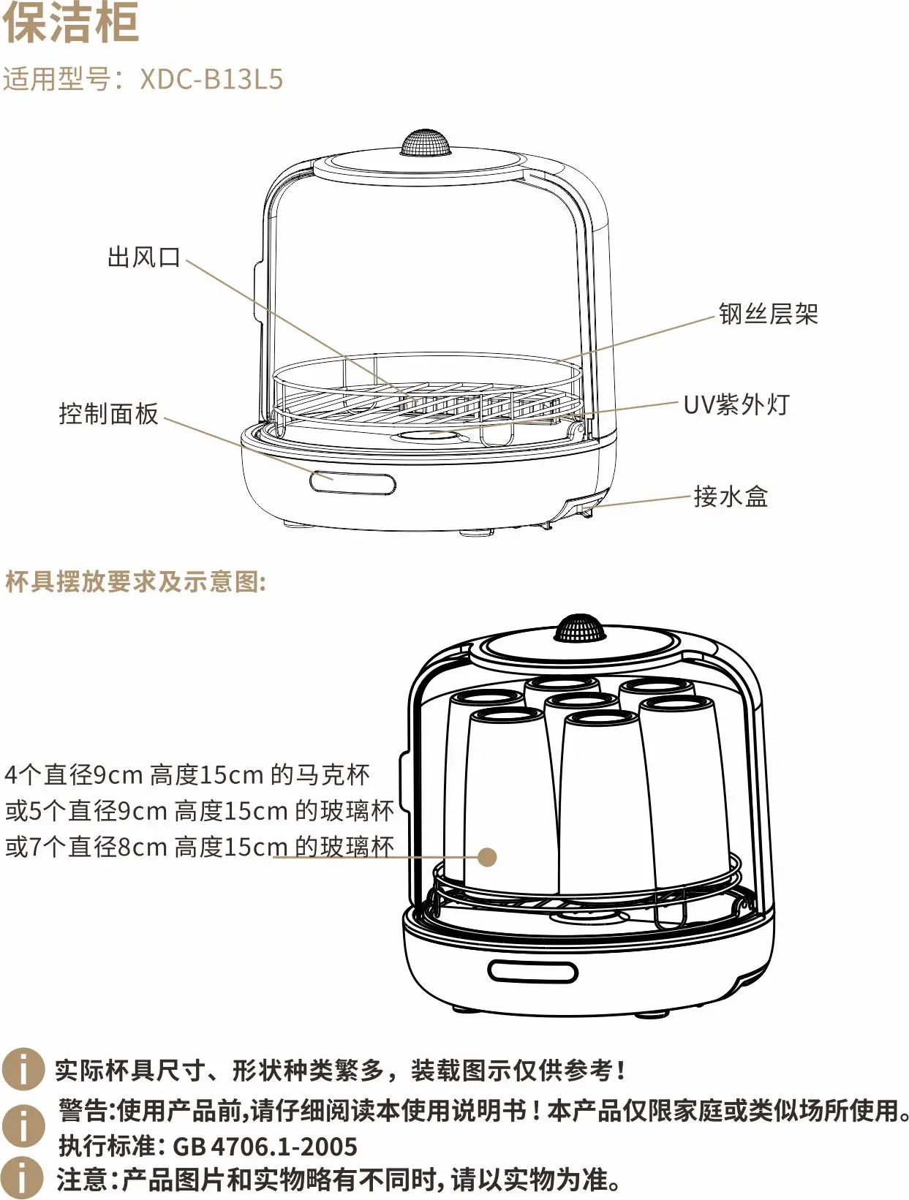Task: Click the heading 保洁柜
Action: click(71, 23)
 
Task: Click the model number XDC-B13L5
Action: click(211, 79)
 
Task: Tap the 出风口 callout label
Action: click(143, 257)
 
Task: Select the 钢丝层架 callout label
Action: click(768, 314)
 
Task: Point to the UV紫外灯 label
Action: click(736, 404)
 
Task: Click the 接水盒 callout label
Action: click(731, 497)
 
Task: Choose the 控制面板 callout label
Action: click(108, 414)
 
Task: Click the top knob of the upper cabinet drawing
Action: click(424, 143)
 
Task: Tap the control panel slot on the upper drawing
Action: click(352, 483)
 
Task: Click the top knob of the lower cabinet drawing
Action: click(579, 627)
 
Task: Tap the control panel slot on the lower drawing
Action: click(532, 972)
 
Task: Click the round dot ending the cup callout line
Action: click(487, 857)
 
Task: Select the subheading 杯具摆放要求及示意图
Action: click(135, 582)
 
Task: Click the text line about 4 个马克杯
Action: click(187, 774)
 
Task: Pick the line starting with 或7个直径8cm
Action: click(199, 847)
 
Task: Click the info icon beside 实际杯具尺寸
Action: click(23, 1070)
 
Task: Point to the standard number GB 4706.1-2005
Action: click(265, 1146)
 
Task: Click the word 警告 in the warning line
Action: click(83, 1111)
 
